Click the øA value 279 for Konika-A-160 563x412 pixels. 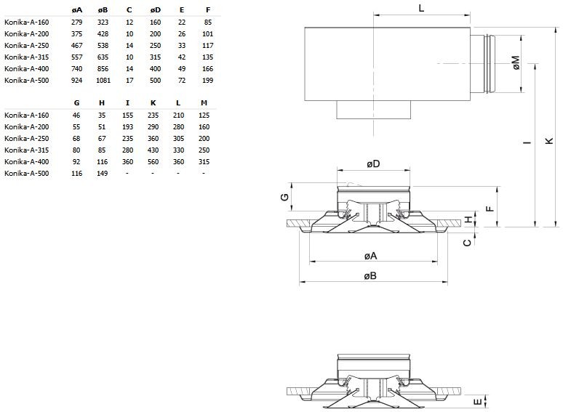[x=78, y=23]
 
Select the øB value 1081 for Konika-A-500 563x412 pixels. [x=103, y=79]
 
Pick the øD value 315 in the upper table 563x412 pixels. [x=155, y=57]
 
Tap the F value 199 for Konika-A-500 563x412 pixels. [x=208, y=79]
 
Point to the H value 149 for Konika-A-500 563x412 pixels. [x=102, y=173]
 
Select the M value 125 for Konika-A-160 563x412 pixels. [x=204, y=116]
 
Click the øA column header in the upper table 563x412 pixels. [x=77, y=11]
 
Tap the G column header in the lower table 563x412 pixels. [x=77, y=103]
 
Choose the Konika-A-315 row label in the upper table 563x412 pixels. [x=27, y=57]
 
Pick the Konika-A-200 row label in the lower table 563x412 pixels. [x=27, y=127]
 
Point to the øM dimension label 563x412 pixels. [x=515, y=63]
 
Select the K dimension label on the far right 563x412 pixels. [x=549, y=142]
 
